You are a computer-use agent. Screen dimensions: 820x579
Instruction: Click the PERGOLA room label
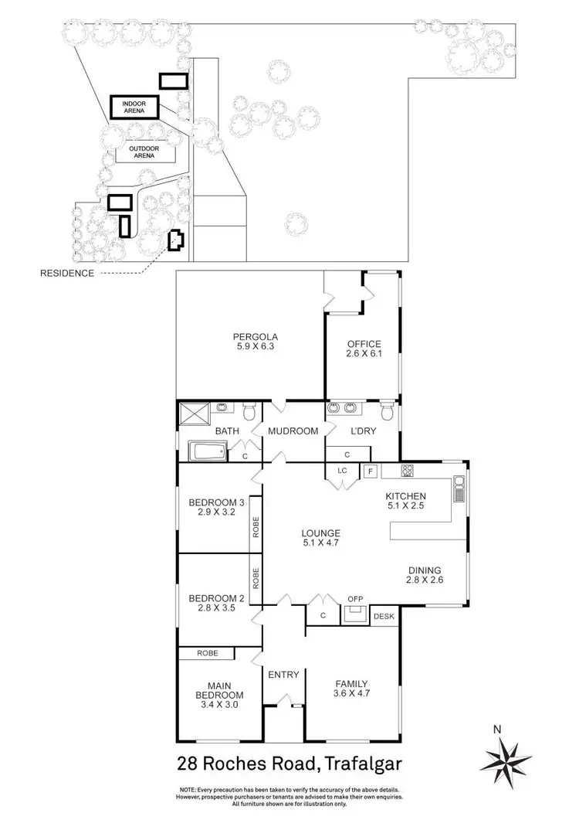pos(256,342)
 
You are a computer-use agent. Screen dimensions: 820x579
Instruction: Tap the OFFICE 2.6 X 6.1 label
pos(364,349)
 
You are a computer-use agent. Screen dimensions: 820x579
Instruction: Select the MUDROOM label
pos(293,431)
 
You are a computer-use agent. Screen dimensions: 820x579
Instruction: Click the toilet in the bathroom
pos(249,409)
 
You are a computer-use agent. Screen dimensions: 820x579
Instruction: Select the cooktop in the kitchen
pos(408,470)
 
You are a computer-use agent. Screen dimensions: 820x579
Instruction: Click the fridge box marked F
pos(370,470)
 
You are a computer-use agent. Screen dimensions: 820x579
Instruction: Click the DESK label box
pos(384,616)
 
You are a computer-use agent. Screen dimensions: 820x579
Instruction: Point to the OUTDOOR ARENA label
pos(141,151)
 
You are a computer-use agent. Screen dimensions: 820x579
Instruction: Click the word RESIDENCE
pos(69,274)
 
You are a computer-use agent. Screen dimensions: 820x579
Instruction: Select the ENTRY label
pos(283,675)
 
